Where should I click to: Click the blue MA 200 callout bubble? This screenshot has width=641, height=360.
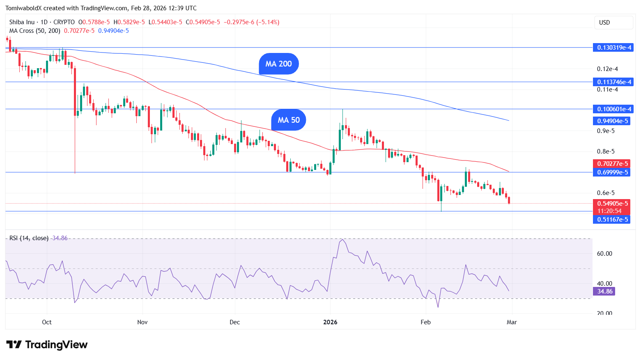point(278,64)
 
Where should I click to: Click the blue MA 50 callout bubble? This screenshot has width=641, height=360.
point(289,120)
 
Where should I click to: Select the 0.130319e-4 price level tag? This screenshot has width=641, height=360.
point(613,48)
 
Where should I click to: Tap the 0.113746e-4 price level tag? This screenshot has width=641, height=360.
point(613,82)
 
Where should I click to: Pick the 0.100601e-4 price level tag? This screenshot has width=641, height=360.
point(613,109)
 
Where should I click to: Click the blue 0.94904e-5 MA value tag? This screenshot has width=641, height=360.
point(611,121)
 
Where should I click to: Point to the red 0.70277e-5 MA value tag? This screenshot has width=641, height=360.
point(611,164)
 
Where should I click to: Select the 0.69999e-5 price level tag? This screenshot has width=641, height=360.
point(611,172)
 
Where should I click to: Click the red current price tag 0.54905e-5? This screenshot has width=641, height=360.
point(611,204)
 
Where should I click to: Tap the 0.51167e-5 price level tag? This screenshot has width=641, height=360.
point(611,220)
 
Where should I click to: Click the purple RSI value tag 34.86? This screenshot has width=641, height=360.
point(604,291)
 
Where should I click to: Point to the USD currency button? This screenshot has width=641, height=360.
point(613,23)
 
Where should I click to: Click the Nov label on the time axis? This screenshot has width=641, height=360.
point(142,322)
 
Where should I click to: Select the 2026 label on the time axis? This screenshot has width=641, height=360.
point(330,322)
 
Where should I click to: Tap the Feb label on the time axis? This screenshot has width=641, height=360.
point(426,322)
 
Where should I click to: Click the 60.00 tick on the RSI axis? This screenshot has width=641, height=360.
point(604,254)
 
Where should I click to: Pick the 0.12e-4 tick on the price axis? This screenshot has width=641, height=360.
point(607,69)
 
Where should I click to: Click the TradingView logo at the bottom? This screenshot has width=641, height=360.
point(47,345)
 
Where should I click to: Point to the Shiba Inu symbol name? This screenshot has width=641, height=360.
point(22,22)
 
